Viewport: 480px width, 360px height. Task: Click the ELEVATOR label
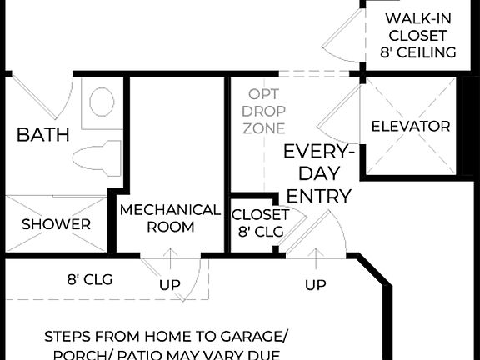pyautogui.click(x=410, y=127)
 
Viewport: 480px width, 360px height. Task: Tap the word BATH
pyautogui.click(x=43, y=134)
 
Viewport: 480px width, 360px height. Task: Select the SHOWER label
pyautogui.click(x=56, y=224)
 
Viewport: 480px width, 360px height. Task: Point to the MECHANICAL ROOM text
pyautogui.click(x=170, y=217)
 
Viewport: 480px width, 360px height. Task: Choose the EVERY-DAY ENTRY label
pyautogui.click(x=317, y=173)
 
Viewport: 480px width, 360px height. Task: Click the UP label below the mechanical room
pyautogui.click(x=170, y=285)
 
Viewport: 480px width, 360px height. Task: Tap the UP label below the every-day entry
pyautogui.click(x=315, y=285)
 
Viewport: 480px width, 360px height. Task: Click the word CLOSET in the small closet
pyautogui.click(x=260, y=214)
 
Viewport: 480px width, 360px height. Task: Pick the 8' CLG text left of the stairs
pyautogui.click(x=89, y=279)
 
